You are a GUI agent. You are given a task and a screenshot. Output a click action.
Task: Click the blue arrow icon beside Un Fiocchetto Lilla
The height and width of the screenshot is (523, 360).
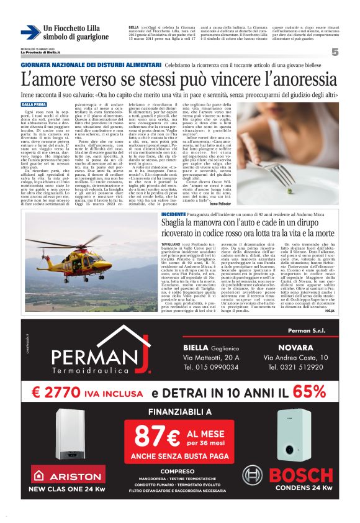click(30, 32)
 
